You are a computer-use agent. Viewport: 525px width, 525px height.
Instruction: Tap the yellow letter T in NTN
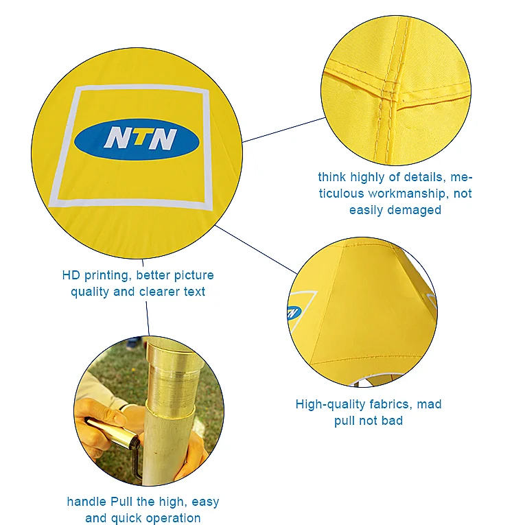click(x=141, y=138)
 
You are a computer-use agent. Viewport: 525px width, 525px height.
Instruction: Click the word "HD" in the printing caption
click(x=71, y=275)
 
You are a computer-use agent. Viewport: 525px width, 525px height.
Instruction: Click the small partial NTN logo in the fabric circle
click(x=294, y=312)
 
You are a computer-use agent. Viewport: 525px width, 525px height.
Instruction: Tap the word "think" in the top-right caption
click(x=332, y=177)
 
